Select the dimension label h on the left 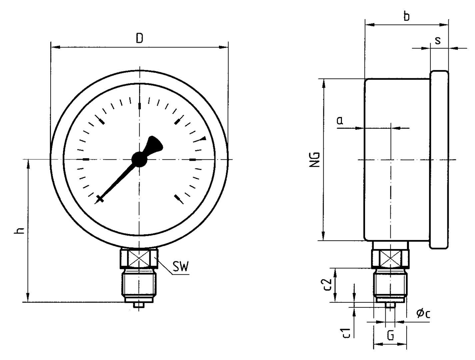tap(20, 231)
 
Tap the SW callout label tap(180, 267)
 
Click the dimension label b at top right tap(406, 16)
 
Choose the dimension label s tap(438, 40)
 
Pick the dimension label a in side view tap(340, 121)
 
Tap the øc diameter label tap(423, 313)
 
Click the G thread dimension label tap(390, 335)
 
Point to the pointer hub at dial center tap(139, 159)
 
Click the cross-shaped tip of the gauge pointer tap(100, 199)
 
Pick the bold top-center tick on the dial tap(139, 106)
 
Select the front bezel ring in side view tap(439, 160)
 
